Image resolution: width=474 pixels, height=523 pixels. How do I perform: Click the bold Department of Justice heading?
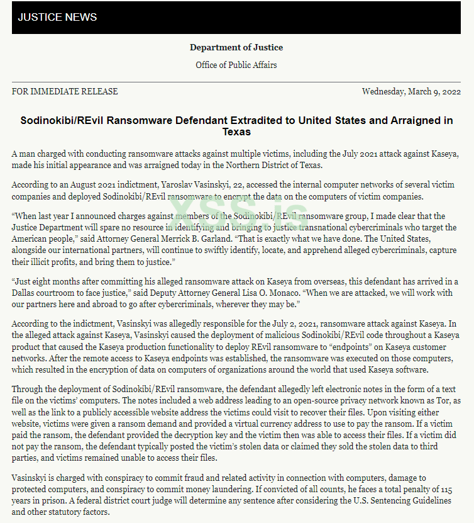point(236,48)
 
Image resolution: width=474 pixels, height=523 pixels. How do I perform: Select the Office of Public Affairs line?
point(236,65)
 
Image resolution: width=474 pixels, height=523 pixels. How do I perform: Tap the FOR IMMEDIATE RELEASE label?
point(65,92)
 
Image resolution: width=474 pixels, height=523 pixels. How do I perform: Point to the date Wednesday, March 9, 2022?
point(412,92)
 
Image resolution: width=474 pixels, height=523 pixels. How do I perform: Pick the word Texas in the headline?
point(236,132)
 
